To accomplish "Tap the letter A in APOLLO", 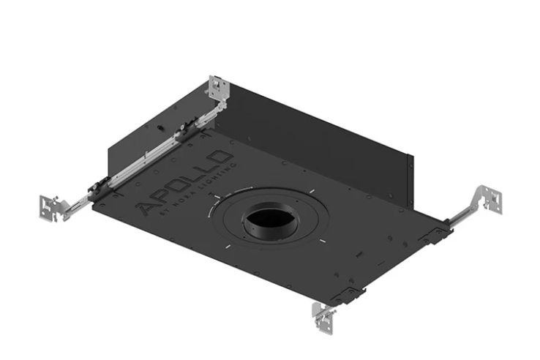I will click(x=147, y=210).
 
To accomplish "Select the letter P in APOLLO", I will click(x=163, y=197).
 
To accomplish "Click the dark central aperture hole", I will click(x=270, y=220).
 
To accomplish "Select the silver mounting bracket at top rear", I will click(x=218, y=89).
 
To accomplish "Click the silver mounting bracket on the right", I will click(x=487, y=200).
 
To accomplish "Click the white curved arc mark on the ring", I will click(x=212, y=208).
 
